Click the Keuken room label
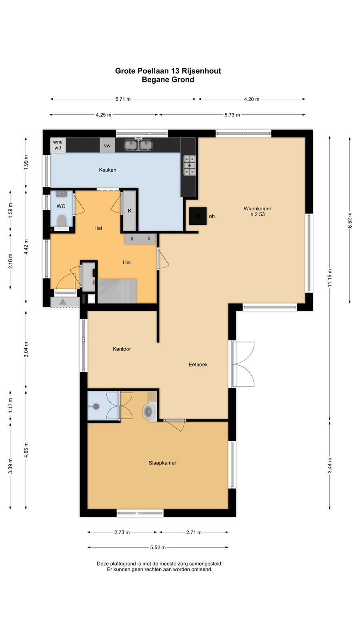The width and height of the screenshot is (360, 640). (108, 170)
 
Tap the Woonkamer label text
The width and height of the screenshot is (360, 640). (258, 208)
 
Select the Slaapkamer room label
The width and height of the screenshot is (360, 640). (162, 463)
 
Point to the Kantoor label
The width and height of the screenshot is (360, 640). (122, 349)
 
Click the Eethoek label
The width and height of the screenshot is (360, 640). (198, 364)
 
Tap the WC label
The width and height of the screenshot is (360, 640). (61, 206)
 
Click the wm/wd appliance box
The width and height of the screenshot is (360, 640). (58, 145)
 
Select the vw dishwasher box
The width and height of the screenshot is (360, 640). (107, 146)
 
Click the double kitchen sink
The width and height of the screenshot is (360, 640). (138, 144)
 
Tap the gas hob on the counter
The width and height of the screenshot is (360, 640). (189, 165)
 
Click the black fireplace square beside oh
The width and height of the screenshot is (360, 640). (198, 216)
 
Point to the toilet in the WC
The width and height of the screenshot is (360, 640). (62, 222)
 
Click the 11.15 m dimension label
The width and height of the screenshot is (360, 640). (330, 278)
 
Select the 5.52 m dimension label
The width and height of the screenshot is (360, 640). (158, 548)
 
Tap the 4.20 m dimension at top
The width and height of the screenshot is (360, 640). (252, 99)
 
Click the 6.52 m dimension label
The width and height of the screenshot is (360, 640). (350, 220)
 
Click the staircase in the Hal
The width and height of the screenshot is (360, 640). (117, 291)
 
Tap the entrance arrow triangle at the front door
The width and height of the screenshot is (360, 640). (62, 302)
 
